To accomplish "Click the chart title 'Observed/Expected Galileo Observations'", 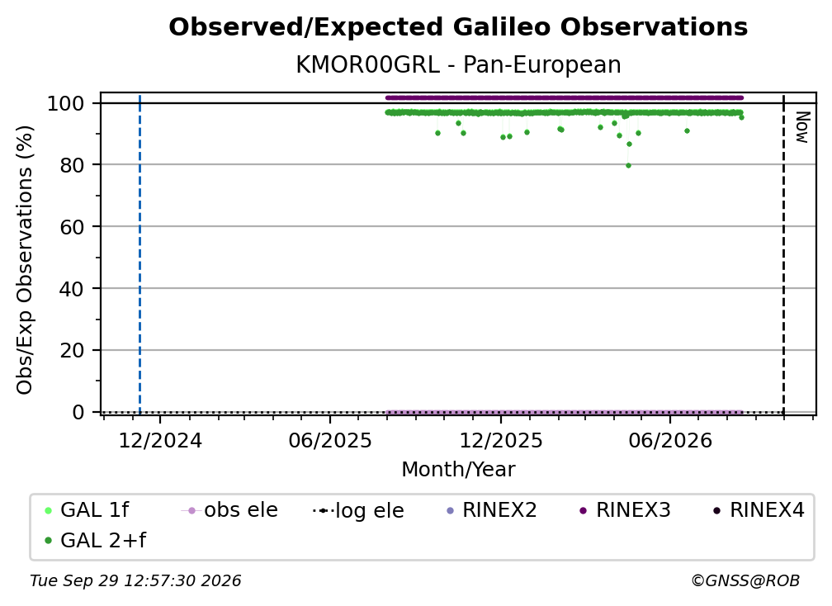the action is click(458, 27).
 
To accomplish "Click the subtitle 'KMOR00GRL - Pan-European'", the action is click(458, 65).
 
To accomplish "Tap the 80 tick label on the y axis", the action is click(72, 165).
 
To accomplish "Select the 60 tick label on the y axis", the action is click(72, 226).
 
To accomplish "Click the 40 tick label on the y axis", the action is click(72, 289).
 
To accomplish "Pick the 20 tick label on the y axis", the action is click(72, 350).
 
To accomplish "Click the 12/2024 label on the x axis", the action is click(160, 440).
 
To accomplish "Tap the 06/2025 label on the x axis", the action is click(330, 440).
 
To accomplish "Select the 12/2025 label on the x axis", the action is click(501, 440).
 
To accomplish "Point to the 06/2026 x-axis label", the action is click(670, 440).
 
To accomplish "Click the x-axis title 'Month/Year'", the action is click(458, 469).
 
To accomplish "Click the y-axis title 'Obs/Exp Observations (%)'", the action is click(25, 259).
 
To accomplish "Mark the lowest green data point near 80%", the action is click(628, 166).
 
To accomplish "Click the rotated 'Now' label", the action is click(802, 127).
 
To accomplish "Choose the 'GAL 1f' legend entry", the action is click(87, 510).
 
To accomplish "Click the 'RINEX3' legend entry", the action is click(625, 510).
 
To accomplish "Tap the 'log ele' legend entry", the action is click(359, 510).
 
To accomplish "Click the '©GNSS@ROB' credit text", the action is click(745, 581).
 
